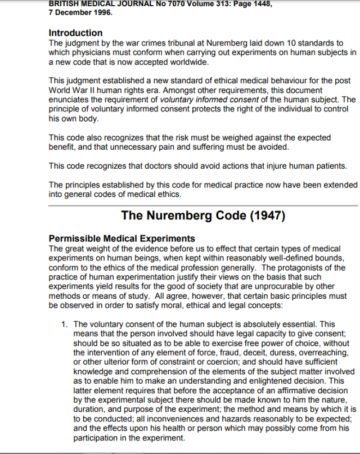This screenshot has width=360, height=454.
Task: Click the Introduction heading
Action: [x=76, y=33]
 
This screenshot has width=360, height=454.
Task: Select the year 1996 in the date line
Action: [x=102, y=13]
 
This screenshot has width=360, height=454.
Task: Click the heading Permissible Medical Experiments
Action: [x=122, y=239]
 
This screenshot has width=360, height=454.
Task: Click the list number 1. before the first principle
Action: [x=65, y=324]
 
